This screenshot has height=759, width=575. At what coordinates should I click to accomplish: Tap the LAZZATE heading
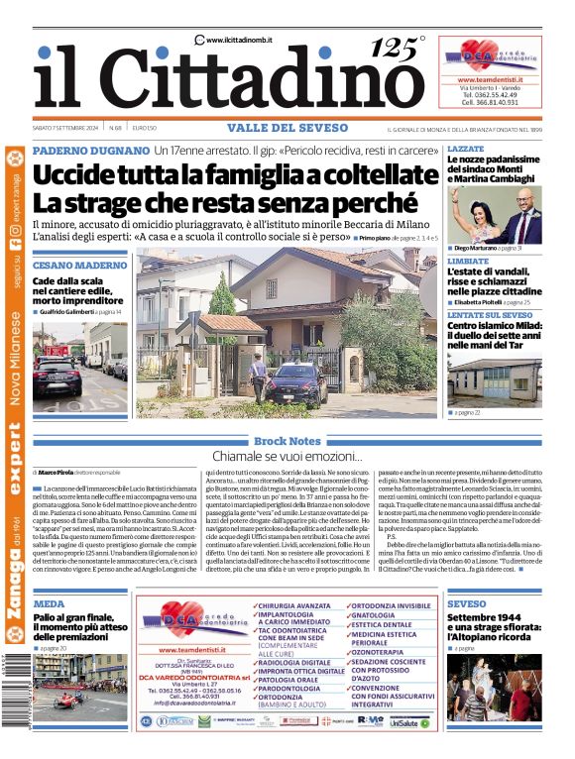coord(466,148)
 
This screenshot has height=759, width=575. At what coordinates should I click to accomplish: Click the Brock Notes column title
coord(287,440)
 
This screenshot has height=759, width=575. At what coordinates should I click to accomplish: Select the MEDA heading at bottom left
coord(49,602)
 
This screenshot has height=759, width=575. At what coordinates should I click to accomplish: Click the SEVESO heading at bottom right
coord(466,602)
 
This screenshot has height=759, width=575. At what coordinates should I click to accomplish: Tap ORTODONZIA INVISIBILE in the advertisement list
coord(391,603)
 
